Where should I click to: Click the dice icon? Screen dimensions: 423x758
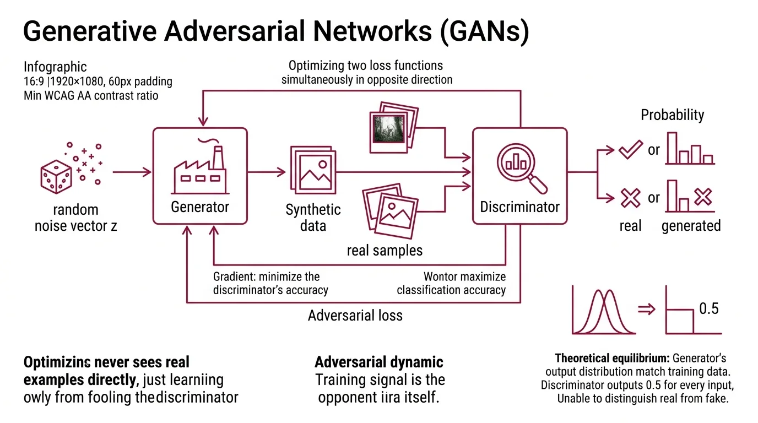tap(56, 177)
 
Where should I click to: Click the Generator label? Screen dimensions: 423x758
tap(200, 207)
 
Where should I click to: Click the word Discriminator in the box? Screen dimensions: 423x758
tap(519, 207)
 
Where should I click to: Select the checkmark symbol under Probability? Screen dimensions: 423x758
tap(630, 149)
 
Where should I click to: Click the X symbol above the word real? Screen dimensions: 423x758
tap(630, 197)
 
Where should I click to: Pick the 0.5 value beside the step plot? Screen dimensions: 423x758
tap(708, 308)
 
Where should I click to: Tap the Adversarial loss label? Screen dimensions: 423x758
tap(355, 316)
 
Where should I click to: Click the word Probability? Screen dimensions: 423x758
tap(672, 115)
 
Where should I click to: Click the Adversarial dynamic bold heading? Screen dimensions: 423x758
tap(378, 362)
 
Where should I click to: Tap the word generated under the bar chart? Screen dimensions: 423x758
tap(691, 226)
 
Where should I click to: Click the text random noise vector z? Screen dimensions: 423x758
tap(75, 218)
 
